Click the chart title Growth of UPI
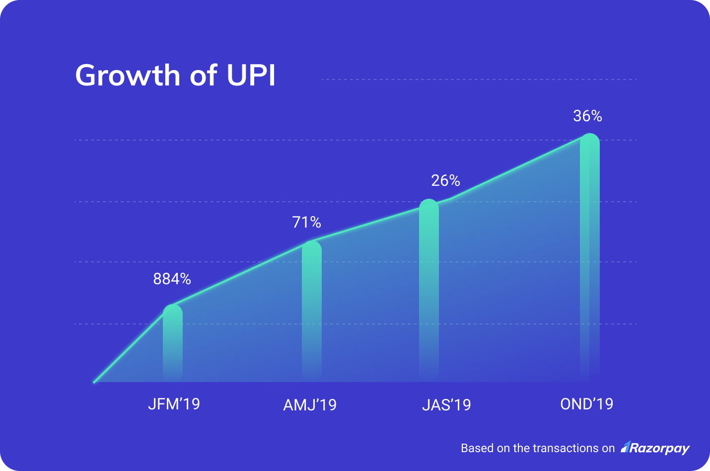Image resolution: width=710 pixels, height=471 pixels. click(175, 76)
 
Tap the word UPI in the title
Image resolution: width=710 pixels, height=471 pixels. click(251, 76)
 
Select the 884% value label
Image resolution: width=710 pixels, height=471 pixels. click(172, 279)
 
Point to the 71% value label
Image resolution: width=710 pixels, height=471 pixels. click(306, 222)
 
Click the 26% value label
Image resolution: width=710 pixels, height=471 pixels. click(445, 180)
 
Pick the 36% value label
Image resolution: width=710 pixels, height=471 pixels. click(587, 116)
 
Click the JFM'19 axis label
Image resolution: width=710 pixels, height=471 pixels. click(174, 404)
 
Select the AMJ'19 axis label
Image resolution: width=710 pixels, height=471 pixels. click(310, 405)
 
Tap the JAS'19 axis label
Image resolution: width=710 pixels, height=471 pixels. click(446, 405)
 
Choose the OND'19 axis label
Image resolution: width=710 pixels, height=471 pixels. click(586, 404)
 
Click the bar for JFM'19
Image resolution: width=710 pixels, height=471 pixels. click(173, 343)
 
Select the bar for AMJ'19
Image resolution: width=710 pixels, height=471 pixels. click(312, 311)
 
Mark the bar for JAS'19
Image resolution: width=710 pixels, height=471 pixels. click(429, 291)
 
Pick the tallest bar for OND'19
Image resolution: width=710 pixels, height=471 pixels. click(590, 258)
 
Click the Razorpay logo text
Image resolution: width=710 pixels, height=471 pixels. click(660, 448)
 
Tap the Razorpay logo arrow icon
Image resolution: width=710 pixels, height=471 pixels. click(626, 447)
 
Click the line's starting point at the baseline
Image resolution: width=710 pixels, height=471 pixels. click(94, 382)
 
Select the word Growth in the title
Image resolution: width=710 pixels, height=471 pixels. click(128, 76)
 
